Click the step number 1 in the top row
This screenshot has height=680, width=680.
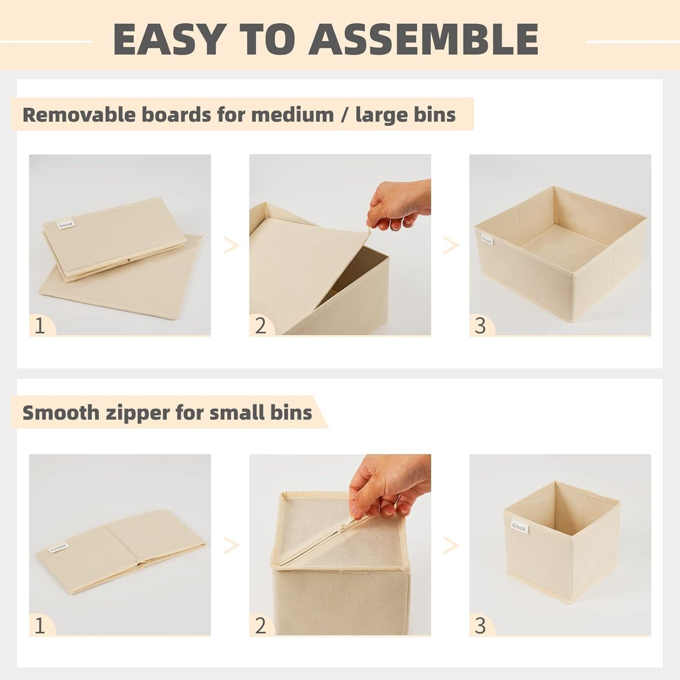(x=40, y=326)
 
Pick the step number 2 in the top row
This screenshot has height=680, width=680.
(x=260, y=326)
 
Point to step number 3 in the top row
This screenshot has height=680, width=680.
(x=480, y=326)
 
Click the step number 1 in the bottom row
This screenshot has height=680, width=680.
(x=40, y=625)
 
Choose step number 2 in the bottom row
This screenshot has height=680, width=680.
(x=260, y=625)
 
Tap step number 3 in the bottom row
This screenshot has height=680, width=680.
(x=480, y=625)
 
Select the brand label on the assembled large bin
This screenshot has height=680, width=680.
(x=487, y=240)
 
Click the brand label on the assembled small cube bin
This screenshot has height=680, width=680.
(x=520, y=525)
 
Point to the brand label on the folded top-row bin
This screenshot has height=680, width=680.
(x=64, y=224)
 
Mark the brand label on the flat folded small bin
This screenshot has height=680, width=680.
(x=58, y=548)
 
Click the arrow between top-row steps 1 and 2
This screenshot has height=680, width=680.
(x=230, y=245)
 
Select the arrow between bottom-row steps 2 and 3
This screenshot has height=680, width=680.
(x=450, y=545)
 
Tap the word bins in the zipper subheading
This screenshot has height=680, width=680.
(x=294, y=413)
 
